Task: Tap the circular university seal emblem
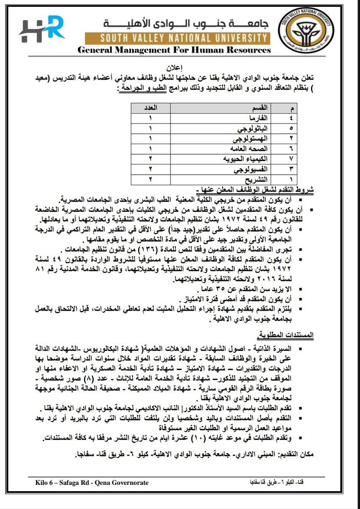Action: (x=305, y=30)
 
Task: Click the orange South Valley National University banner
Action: (x=177, y=39)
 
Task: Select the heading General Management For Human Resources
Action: (x=174, y=50)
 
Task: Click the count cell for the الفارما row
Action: (x=150, y=118)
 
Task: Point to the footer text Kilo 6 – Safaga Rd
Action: (x=92, y=482)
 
